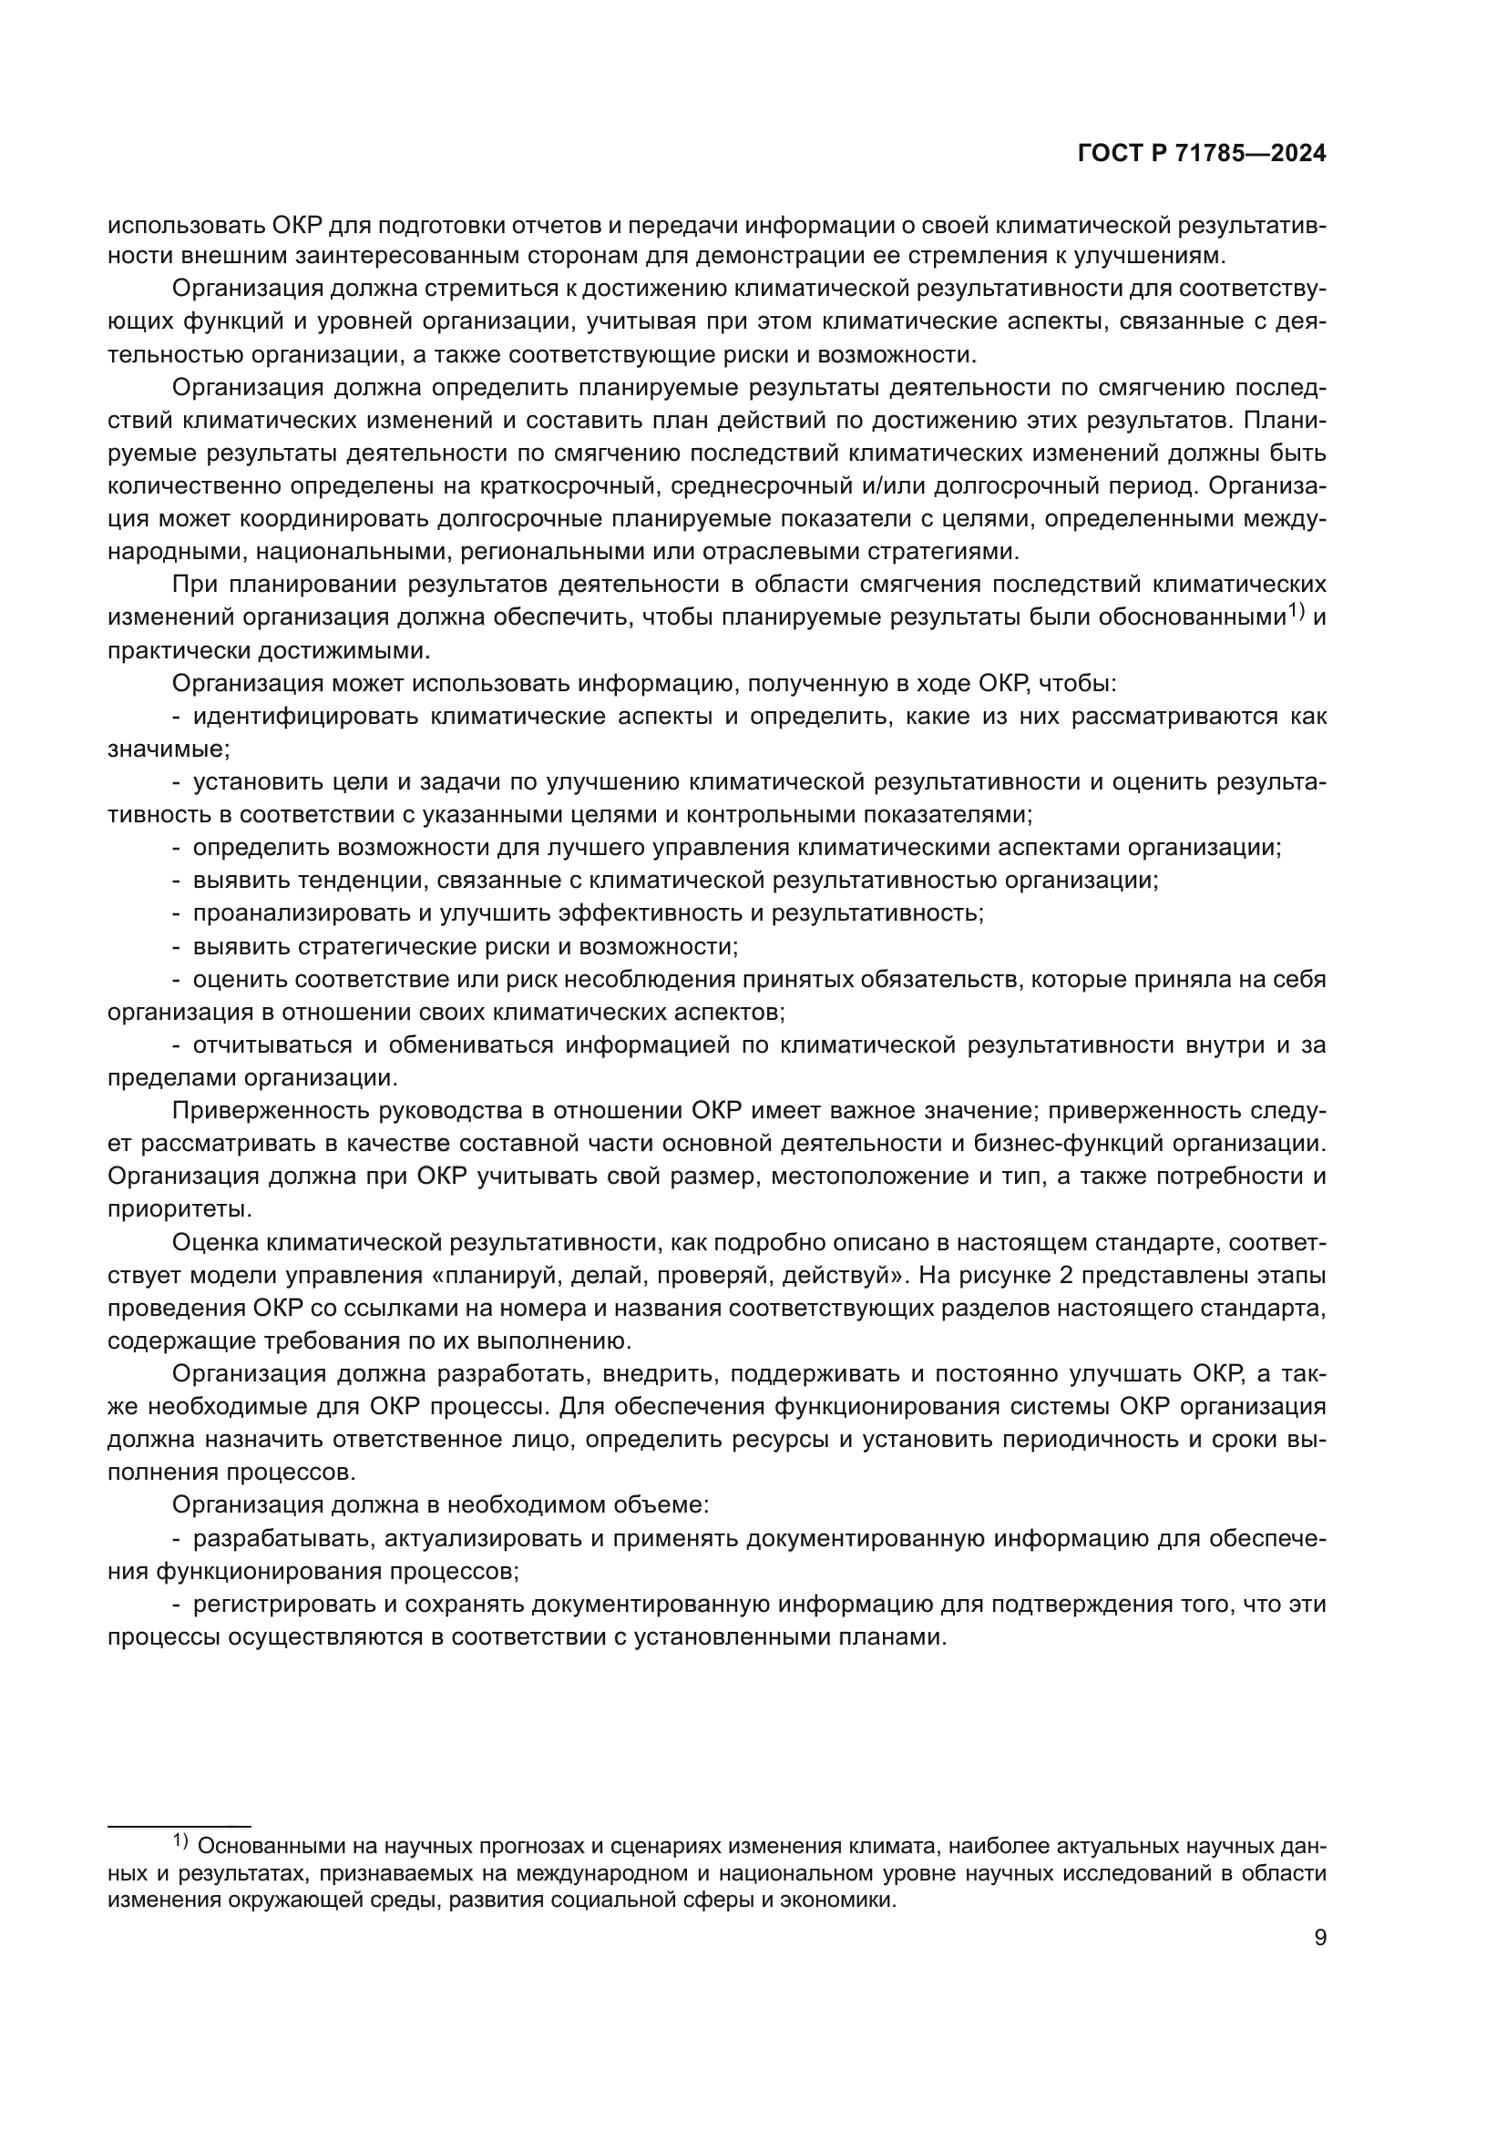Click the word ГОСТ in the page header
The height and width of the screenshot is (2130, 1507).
coord(1110,154)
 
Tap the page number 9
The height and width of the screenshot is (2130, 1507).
coord(1320,1938)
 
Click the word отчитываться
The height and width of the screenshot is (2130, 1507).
coord(272,1045)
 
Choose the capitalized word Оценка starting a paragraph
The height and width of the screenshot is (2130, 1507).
coord(215,1242)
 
